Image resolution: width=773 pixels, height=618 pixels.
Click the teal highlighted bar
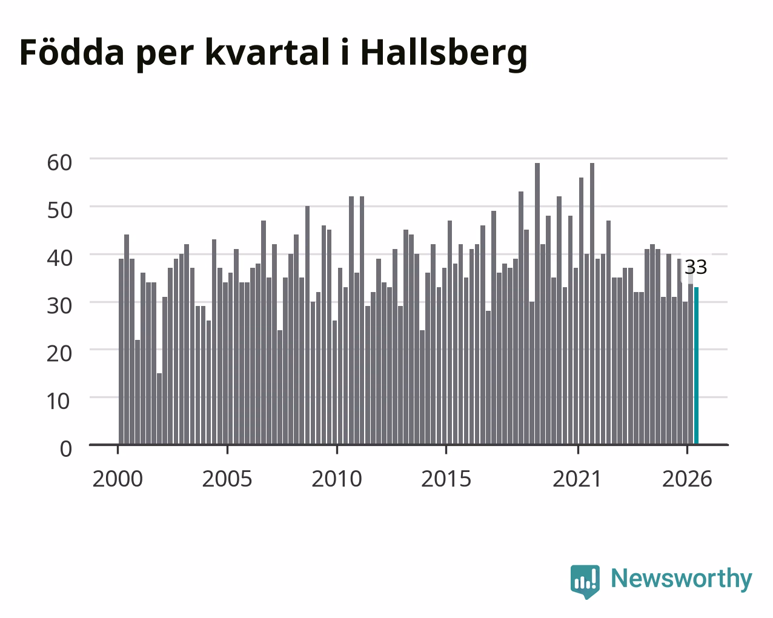point(696,366)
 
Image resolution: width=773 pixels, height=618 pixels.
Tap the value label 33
point(696,267)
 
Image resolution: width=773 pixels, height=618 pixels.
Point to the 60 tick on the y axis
point(59,162)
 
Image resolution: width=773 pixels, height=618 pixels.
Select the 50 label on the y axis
point(59,211)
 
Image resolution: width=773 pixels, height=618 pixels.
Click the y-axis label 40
point(59,258)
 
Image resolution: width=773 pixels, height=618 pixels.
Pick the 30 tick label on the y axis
point(59,306)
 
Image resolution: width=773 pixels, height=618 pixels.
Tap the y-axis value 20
point(59,354)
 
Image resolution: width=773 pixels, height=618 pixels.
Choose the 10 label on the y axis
point(59,401)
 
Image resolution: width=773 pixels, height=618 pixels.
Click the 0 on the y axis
point(66,449)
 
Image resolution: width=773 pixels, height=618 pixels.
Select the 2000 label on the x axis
point(118,479)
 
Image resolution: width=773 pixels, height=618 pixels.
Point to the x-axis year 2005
point(227,479)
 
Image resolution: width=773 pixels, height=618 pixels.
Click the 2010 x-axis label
point(337,479)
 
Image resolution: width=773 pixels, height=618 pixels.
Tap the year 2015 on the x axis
point(446,479)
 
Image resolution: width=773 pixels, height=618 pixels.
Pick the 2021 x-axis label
point(577,479)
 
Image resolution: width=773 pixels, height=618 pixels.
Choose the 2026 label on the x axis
point(687,479)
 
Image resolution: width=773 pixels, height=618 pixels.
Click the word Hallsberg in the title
point(444,54)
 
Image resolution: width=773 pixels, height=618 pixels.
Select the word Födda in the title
point(72,51)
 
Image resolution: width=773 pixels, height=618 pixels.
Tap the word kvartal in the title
point(267,51)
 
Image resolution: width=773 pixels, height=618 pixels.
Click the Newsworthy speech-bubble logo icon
point(585,582)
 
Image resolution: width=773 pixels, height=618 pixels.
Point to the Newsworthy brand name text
point(682,579)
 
